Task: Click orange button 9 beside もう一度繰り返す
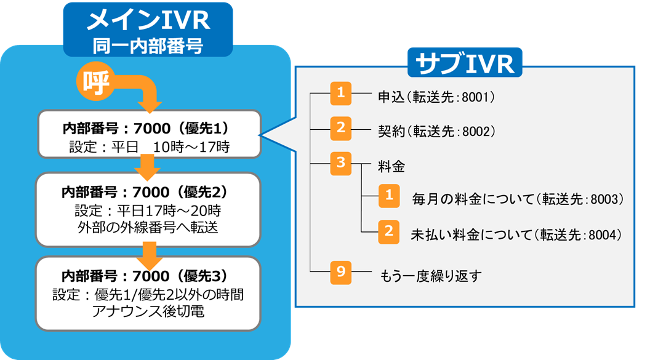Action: tap(340, 273)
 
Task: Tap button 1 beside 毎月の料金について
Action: tap(388, 196)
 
